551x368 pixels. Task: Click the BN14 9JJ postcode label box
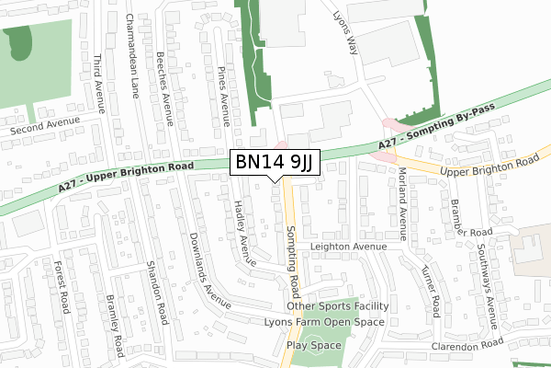[275, 163]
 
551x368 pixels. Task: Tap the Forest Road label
[62, 286]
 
